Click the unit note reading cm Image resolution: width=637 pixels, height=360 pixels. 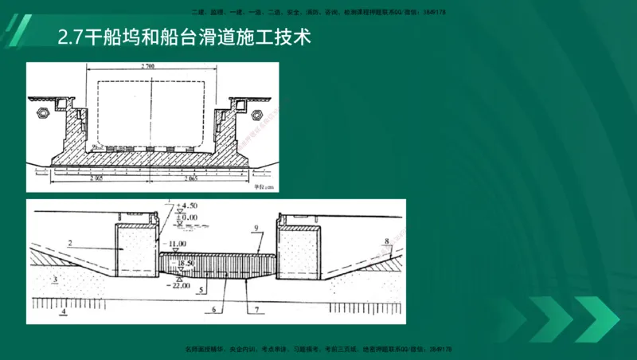(260, 188)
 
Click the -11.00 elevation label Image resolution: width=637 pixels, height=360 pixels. (176, 243)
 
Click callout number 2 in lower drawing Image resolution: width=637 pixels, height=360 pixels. (70, 242)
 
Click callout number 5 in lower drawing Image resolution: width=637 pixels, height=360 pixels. (203, 290)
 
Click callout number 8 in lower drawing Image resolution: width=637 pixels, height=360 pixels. (387, 240)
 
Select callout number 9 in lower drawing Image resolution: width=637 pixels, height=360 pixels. (256, 229)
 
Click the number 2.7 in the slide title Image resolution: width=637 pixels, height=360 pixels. (71, 37)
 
